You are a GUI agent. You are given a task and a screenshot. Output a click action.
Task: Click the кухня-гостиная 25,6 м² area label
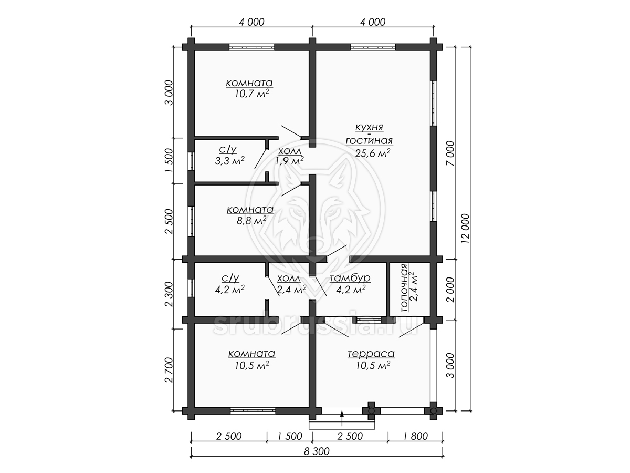tap(369, 140)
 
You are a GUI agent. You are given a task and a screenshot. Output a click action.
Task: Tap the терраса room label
tap(371, 354)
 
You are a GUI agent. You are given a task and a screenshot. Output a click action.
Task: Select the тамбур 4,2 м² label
tap(350, 283)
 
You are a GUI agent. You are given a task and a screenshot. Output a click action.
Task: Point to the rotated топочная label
tap(404, 288)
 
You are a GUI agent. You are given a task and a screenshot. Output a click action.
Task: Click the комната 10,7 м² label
tap(249, 88)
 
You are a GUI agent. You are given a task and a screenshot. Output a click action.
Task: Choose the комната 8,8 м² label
tap(250, 215)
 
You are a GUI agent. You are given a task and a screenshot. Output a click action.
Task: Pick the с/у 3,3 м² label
tap(229, 155)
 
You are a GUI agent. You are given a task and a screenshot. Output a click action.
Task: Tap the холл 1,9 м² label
tap(290, 156)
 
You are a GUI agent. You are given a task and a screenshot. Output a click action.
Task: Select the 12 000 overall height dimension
tap(466, 229)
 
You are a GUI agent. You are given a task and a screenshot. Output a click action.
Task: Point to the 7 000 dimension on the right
tap(451, 153)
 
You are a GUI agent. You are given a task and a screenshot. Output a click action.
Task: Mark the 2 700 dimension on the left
tap(169, 370)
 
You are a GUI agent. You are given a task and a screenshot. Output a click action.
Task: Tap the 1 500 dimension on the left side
tap(169, 160)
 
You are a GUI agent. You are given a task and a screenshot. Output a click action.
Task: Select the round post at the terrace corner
tap(434, 411)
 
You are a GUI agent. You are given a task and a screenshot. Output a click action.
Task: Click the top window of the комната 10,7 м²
tap(251, 47)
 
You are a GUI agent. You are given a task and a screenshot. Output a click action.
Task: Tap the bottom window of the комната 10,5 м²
tap(253, 411)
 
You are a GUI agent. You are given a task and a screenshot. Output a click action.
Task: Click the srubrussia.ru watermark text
tap(315, 325)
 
